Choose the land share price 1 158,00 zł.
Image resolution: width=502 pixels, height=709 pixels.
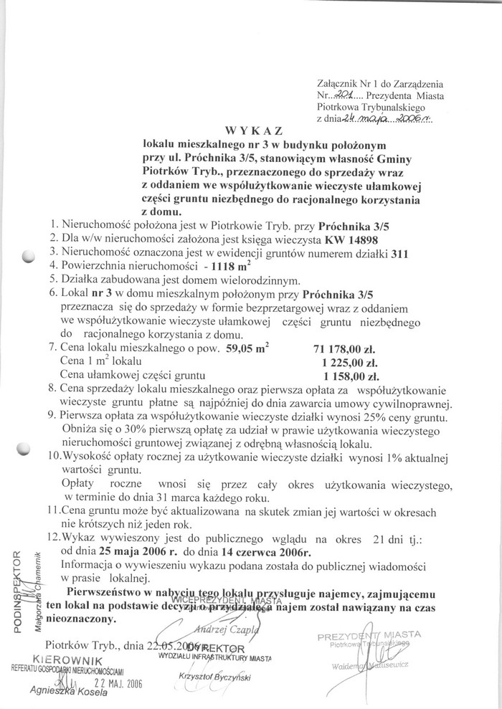click(351, 375)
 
